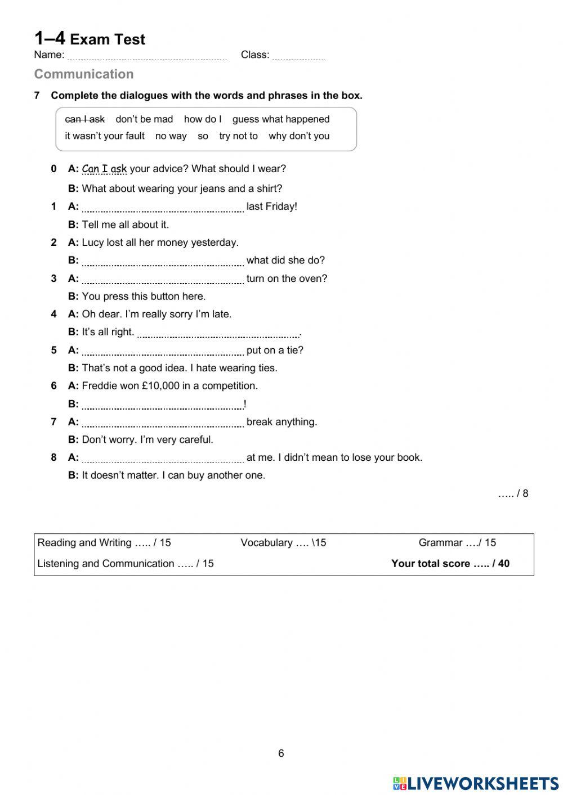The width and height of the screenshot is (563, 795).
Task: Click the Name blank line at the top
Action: click(146, 56)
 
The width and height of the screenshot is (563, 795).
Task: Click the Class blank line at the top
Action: click(298, 56)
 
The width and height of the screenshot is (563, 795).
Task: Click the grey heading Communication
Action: click(84, 74)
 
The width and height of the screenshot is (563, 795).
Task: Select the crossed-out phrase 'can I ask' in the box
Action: click(85, 119)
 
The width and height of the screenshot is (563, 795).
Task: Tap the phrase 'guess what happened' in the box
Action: click(281, 119)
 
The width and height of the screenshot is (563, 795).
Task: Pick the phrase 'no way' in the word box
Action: click(171, 136)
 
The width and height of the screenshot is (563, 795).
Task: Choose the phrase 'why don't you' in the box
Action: click(299, 136)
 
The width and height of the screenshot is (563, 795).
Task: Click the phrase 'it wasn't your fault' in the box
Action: click(105, 136)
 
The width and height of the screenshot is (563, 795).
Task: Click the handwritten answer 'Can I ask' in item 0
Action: click(104, 169)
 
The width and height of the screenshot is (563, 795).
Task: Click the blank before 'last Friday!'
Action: click(163, 207)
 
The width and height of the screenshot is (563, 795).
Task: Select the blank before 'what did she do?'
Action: click(163, 261)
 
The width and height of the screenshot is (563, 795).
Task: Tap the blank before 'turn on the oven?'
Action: click(163, 279)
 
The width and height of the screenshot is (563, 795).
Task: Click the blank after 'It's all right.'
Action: click(218, 333)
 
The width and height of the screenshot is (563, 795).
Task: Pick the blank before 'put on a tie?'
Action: click(163, 351)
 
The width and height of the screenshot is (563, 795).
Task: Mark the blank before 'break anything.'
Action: click(163, 423)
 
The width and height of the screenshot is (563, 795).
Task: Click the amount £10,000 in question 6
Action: click(160, 386)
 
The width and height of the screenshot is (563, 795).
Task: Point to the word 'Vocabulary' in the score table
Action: click(266, 543)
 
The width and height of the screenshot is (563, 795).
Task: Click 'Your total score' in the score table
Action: click(431, 564)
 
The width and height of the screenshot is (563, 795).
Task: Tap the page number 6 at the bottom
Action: click(281, 753)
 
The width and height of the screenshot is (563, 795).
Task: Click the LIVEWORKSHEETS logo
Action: click(476, 783)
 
